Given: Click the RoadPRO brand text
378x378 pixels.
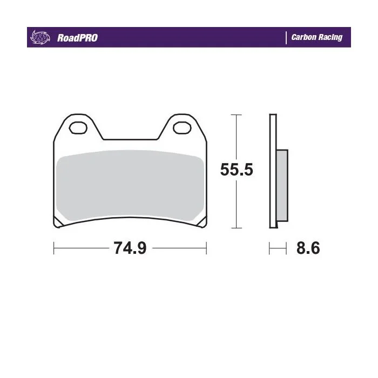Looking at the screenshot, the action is coord(77,38).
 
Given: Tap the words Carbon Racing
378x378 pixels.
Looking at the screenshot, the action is coord(317,37).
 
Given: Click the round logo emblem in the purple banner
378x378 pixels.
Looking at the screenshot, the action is coord(40,38).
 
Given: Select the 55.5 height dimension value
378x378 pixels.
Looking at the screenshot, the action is coord(237,170).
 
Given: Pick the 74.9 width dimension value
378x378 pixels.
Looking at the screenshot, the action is coord(130,248).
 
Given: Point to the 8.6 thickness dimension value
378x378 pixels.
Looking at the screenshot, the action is coord(308,248).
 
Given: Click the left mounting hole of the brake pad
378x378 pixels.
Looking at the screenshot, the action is coord(78,127).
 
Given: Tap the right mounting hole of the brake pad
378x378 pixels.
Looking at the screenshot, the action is coord(183,127).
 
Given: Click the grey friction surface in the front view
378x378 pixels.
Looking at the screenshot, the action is coord(130,185).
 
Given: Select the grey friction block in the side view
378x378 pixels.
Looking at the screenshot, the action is coord(282,185).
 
